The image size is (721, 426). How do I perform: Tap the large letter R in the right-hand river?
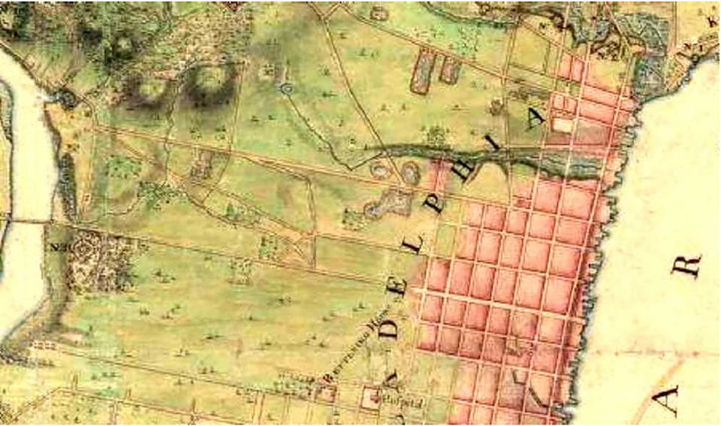tap(690, 264)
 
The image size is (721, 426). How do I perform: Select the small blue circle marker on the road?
tap(285, 89)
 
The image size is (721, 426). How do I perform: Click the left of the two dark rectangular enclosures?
tap(422, 72)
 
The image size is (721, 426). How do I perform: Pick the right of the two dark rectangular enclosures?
tap(450, 69)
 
